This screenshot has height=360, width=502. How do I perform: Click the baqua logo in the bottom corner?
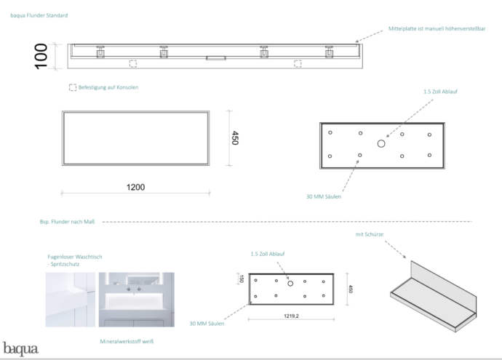pos(20,349)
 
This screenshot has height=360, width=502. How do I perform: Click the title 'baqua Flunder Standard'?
pos(39,15)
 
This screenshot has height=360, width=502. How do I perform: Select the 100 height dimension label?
pos(41,56)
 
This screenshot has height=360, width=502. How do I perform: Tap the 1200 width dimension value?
pos(135,187)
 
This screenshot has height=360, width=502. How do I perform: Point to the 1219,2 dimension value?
pos(291,316)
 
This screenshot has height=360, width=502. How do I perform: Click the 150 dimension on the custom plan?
pos(242,279)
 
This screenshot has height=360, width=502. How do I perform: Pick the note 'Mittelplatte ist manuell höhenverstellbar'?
pos(437,28)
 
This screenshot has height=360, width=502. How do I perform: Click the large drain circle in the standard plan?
pos(381,144)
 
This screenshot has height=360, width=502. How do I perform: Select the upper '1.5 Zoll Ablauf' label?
pos(440,92)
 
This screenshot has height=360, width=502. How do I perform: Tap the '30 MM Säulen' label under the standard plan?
pos(324,196)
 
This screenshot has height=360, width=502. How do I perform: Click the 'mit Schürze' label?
pos(369,234)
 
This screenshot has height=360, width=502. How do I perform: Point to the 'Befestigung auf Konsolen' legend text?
pos(108,87)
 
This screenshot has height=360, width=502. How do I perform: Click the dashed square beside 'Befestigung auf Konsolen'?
pos(73,87)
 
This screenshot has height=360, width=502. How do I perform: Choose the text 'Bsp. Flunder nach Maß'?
pos(67,222)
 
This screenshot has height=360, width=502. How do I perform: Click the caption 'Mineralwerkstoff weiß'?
pos(127,341)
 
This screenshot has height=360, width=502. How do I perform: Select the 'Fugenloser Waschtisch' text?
pos(75,257)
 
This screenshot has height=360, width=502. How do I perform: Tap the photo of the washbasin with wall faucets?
pos(136,300)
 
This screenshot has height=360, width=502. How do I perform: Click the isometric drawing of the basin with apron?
pos(433,296)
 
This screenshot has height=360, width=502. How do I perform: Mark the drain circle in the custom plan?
pos(290,283)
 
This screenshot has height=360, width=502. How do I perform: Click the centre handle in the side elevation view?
pos(216,58)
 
